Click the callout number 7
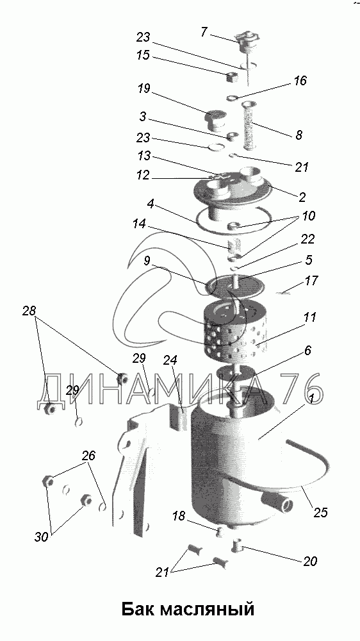(205, 31)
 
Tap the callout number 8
(299, 135)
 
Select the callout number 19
(144, 88)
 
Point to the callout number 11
(310, 317)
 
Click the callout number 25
(321, 513)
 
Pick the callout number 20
(310, 562)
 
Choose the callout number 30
(42, 537)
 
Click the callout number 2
(302, 197)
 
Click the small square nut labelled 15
(233, 76)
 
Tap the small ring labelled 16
(232, 97)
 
